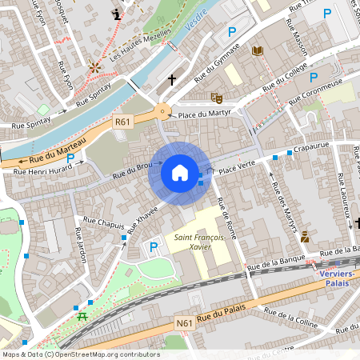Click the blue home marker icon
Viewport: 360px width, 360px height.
(x=179, y=172)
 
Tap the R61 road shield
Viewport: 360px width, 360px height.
(x=122, y=122)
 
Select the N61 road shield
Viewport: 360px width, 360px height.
(x=184, y=323)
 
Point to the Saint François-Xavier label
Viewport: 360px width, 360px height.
(x=194, y=242)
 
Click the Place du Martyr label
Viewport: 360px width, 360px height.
(x=204, y=114)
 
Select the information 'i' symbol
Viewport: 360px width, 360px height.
(x=118, y=14)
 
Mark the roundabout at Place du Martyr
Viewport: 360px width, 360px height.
(x=163, y=113)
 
